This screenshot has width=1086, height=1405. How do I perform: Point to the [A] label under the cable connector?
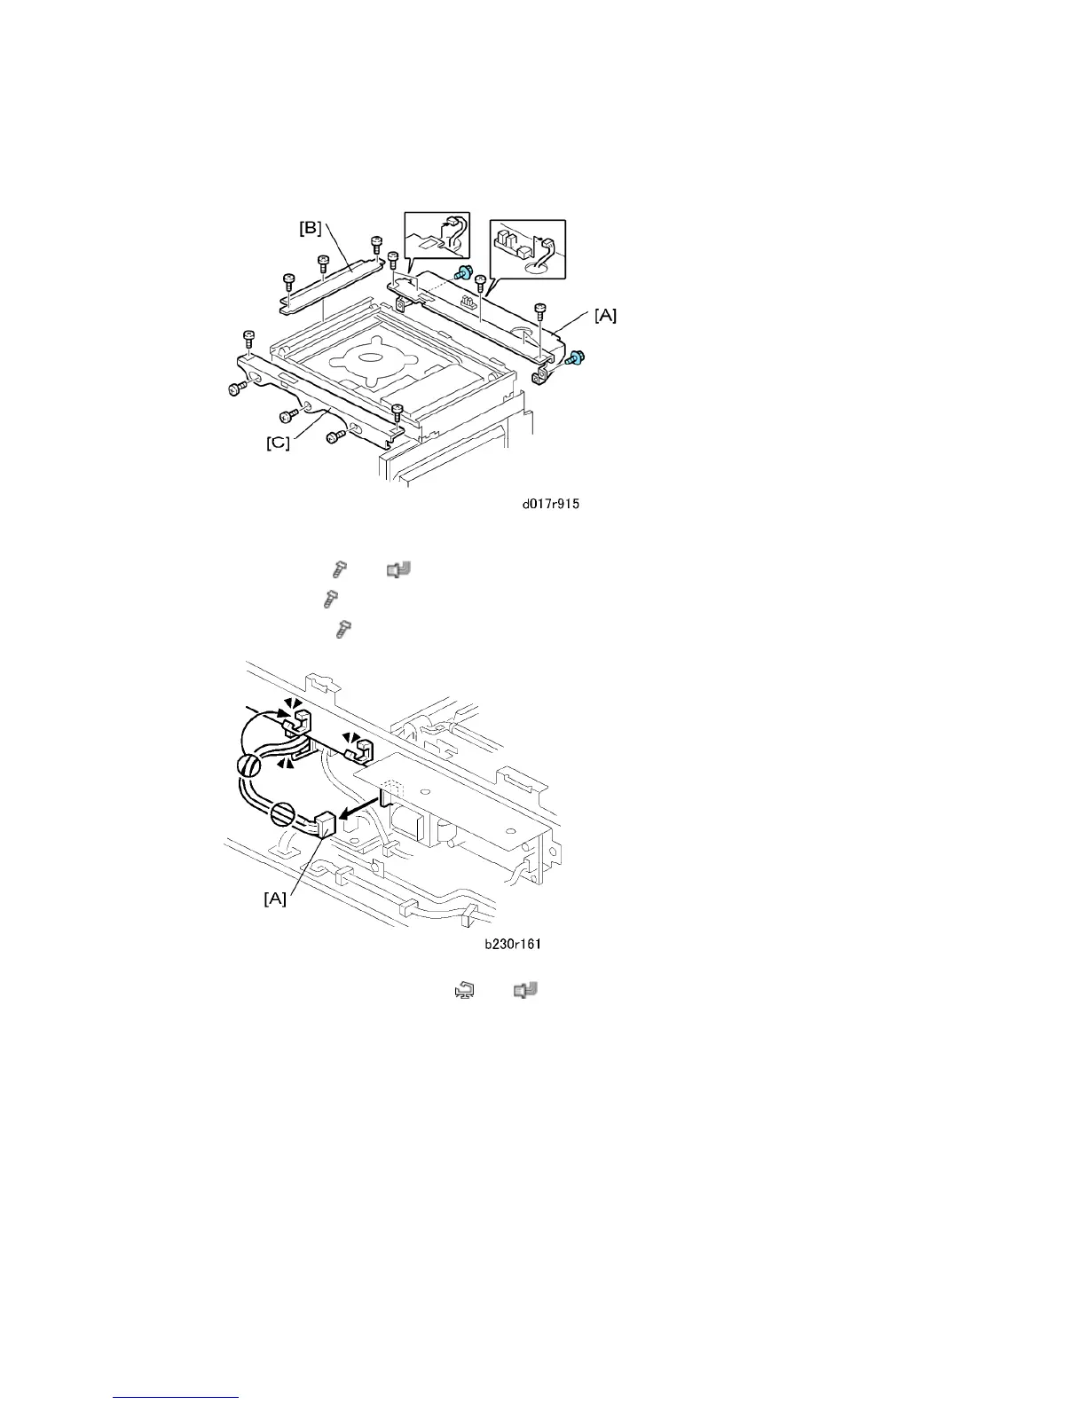click(x=275, y=899)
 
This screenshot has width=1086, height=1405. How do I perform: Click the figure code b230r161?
click(x=512, y=945)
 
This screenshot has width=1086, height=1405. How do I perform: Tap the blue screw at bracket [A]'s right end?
click(x=574, y=358)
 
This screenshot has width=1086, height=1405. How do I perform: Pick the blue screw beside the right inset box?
click(x=462, y=275)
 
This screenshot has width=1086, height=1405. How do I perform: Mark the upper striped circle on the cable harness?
click(x=248, y=765)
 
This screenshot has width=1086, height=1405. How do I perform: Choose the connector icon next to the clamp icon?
click(x=527, y=990)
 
